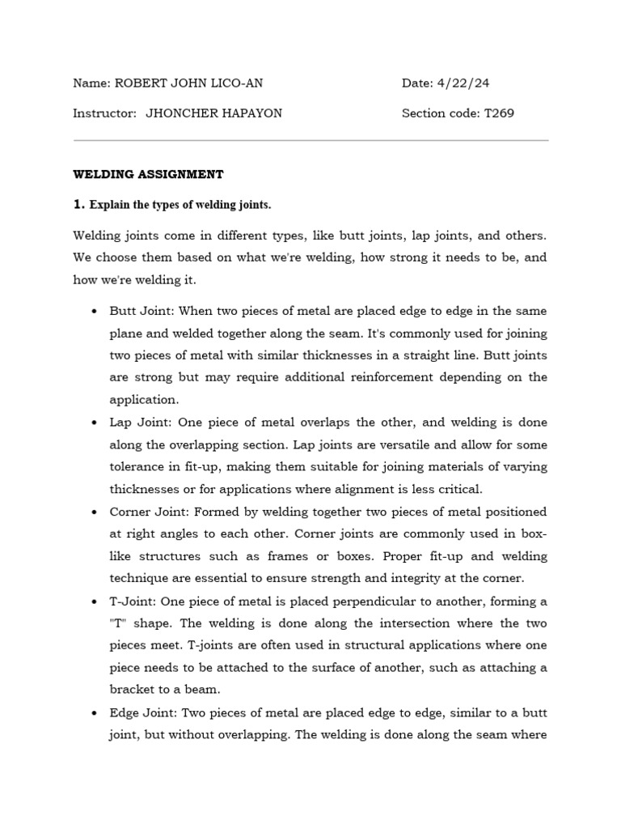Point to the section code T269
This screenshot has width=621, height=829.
coord(499,113)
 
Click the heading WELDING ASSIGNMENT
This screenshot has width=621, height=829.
coord(148,174)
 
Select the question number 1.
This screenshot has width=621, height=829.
coord(78,205)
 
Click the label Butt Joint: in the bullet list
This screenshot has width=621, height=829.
coord(141,312)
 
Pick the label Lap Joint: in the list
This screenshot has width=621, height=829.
coord(139,423)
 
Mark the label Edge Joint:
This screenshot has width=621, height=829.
coord(143,712)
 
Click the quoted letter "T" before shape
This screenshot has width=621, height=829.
coord(118,623)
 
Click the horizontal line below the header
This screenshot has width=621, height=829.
coord(310,141)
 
